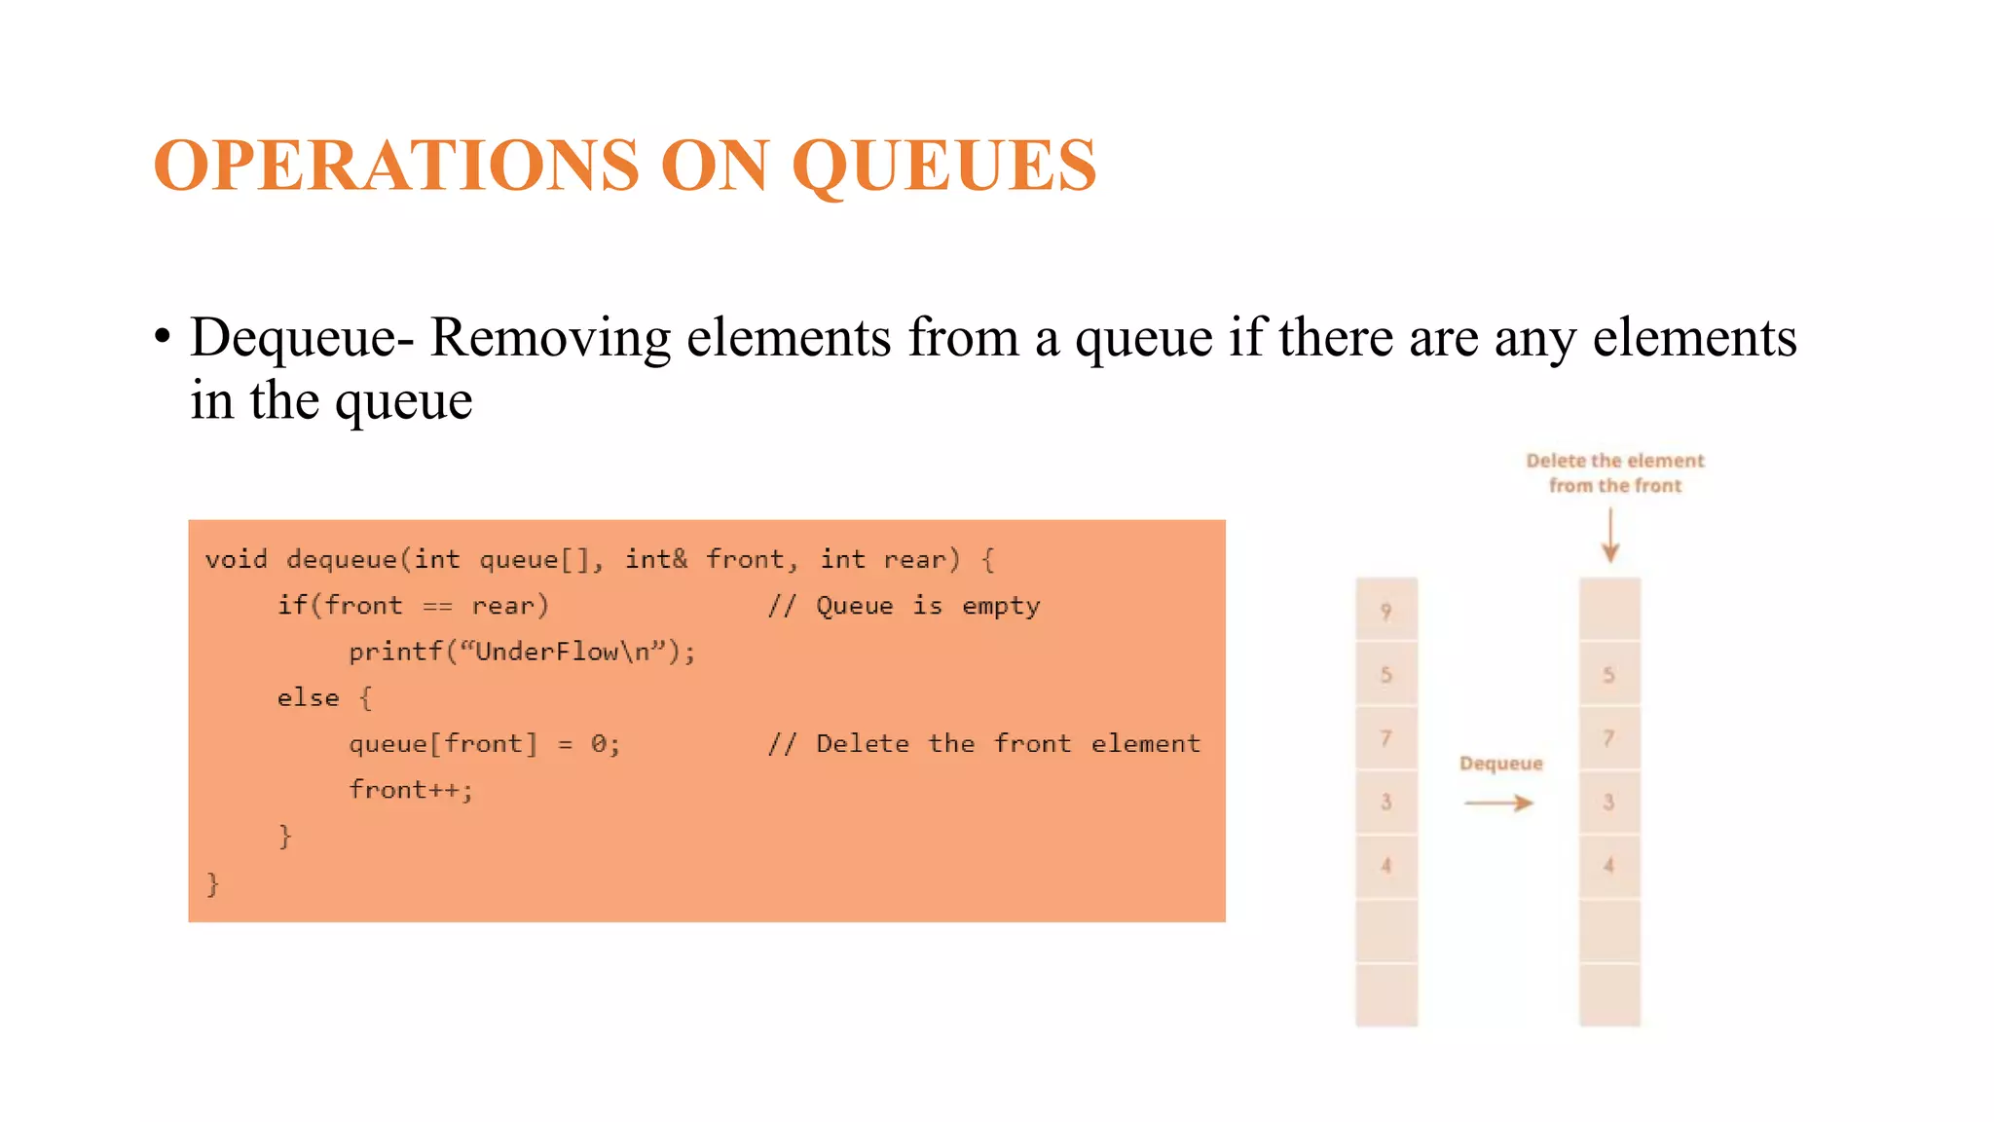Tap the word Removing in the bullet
(x=550, y=338)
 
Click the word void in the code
(x=236, y=560)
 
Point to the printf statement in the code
(x=522, y=652)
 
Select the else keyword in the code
(x=308, y=698)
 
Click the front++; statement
(x=411, y=790)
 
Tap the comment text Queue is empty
(x=927, y=606)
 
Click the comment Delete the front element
(x=1008, y=744)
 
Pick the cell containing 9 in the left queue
(x=1386, y=611)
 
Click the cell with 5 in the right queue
(x=1609, y=674)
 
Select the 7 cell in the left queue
(x=1386, y=738)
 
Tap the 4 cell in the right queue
(x=1609, y=865)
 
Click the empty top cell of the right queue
(x=1609, y=609)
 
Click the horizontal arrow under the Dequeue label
(x=1499, y=803)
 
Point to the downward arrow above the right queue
(x=1610, y=536)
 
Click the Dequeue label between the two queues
(x=1501, y=764)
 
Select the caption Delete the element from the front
(x=1615, y=473)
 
